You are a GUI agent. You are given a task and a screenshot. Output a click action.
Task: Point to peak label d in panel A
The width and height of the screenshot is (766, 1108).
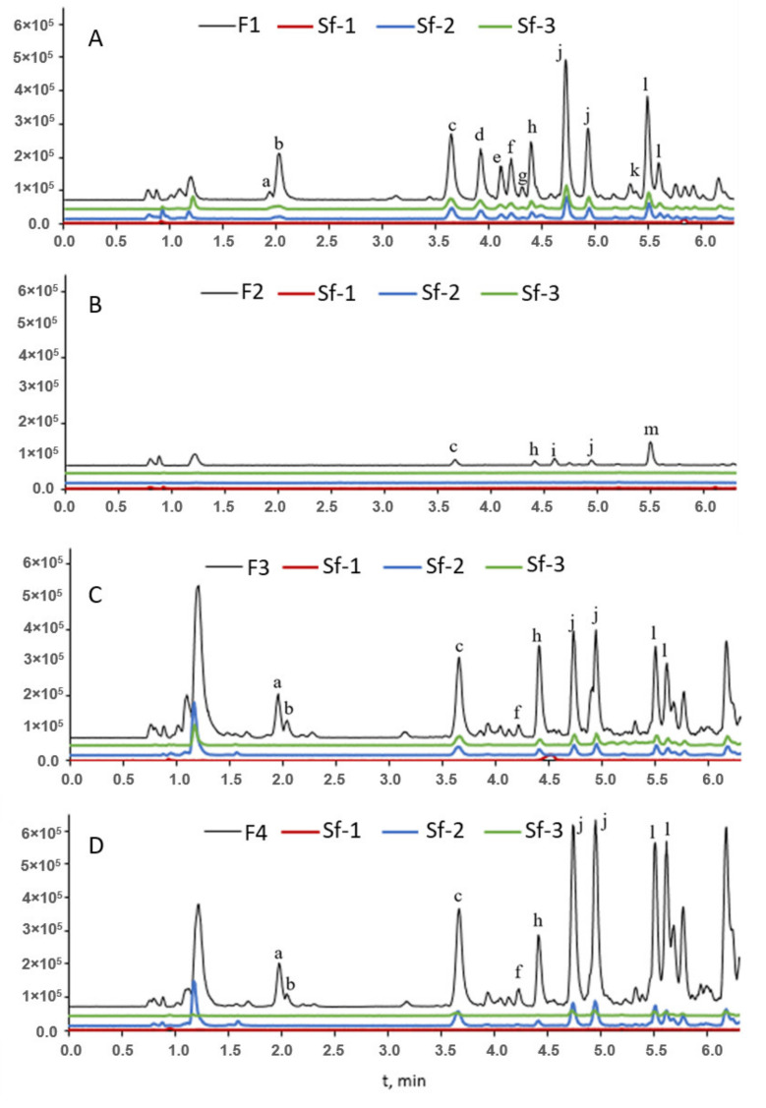click(x=480, y=135)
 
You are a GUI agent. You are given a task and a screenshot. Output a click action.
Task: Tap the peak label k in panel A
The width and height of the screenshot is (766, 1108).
click(x=634, y=170)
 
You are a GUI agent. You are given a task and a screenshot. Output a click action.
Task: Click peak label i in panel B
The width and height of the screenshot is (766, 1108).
click(x=554, y=448)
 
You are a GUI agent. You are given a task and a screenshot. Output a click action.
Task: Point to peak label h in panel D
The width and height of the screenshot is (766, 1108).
click(x=538, y=920)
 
